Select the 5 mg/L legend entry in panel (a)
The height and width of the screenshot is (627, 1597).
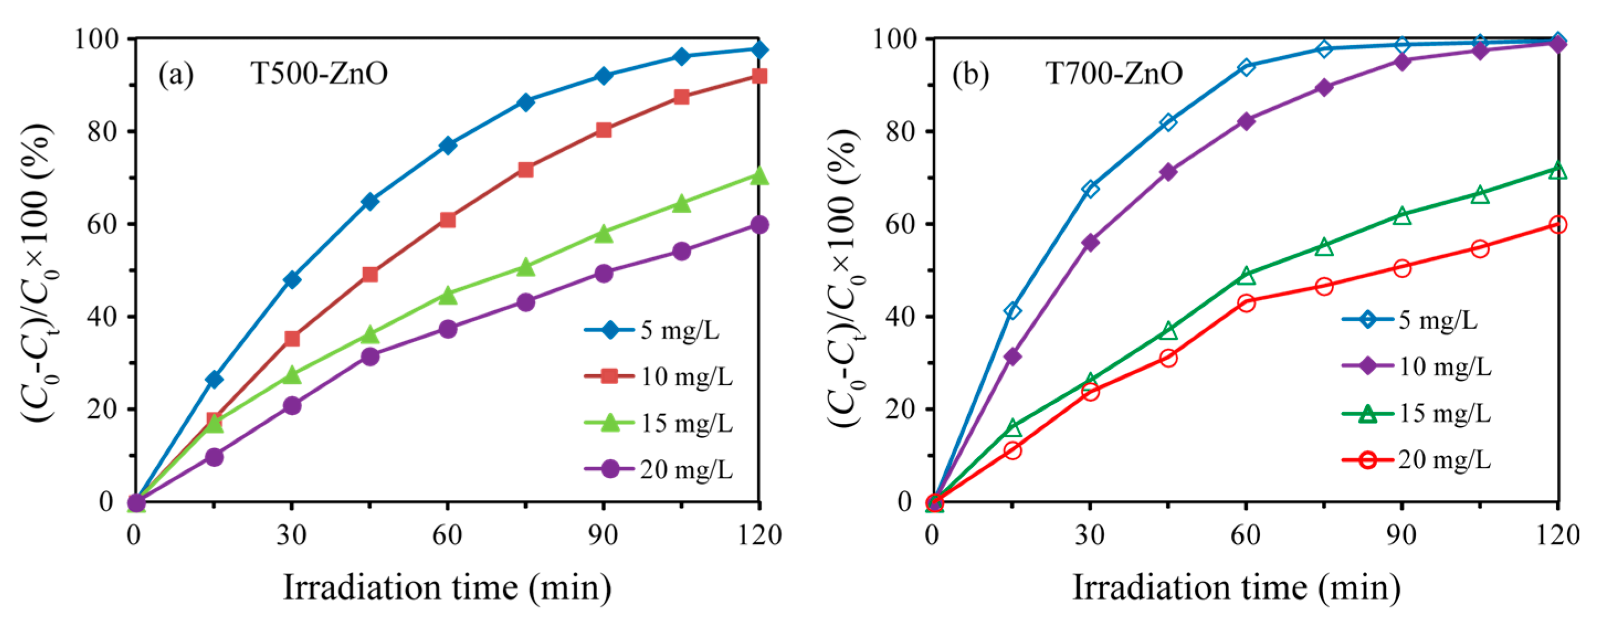651,330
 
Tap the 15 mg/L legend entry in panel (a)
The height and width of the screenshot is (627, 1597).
658,423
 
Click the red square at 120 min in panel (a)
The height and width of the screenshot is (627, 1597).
759,76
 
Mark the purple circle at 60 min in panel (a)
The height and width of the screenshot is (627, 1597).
447,329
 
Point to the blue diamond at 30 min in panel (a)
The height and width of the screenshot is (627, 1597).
292,279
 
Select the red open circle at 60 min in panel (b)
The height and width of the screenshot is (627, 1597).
1246,303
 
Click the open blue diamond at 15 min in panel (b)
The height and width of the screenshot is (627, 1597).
1013,310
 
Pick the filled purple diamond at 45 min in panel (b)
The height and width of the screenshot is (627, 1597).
1168,172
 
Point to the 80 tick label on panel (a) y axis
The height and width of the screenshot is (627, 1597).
103,131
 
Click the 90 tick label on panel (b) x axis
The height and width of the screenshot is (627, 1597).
1401,535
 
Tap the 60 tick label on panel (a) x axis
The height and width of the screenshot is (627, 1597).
447,535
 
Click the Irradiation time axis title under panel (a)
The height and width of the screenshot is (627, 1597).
446,587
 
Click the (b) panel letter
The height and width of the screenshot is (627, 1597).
971,75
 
